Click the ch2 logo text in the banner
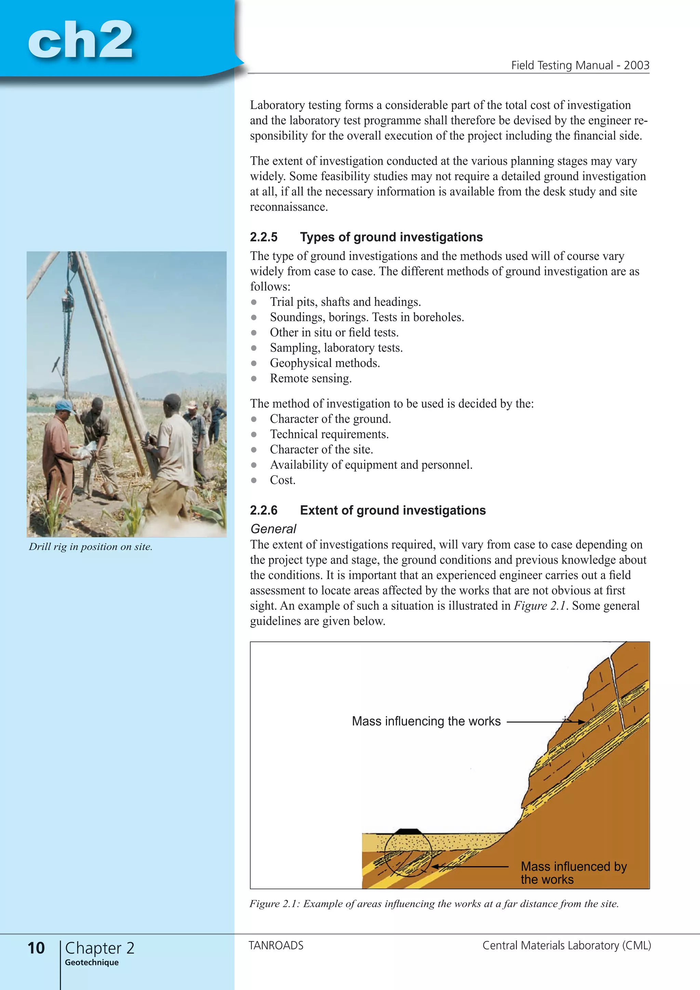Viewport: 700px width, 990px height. (x=80, y=40)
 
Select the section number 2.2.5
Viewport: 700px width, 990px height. (x=264, y=237)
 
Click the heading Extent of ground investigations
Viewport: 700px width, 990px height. (x=393, y=510)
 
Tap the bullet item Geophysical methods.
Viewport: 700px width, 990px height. (x=325, y=363)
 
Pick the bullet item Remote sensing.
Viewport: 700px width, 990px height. (x=310, y=378)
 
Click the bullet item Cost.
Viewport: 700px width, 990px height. (x=282, y=480)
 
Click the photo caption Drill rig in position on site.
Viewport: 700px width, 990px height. (x=91, y=547)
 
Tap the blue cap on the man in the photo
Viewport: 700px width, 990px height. (x=64, y=405)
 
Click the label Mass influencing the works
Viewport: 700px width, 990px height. (x=426, y=721)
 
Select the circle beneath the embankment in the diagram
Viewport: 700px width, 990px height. (x=408, y=855)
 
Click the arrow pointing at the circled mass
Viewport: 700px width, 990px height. (x=470, y=866)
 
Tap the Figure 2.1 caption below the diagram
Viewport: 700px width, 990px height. (x=434, y=904)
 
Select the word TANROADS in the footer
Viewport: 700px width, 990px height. (x=276, y=945)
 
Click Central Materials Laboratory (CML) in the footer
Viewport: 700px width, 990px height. (x=566, y=945)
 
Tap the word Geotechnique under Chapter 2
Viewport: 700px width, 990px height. (x=91, y=962)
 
